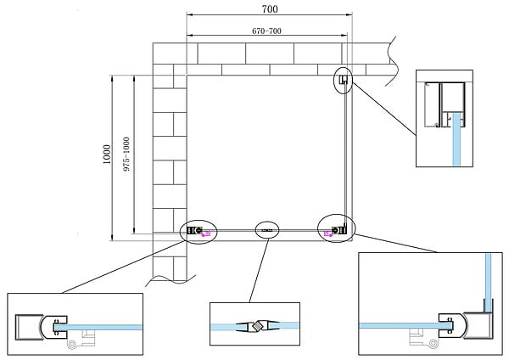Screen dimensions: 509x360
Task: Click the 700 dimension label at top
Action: click(x=270, y=9)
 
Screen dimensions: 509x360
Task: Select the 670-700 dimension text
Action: click(x=266, y=31)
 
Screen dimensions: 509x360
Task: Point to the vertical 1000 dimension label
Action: click(x=107, y=155)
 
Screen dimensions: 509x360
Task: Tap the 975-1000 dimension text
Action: click(x=126, y=154)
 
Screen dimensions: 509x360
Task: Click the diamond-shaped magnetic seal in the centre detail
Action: click(x=258, y=325)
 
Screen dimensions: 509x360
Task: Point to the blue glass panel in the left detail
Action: click(x=98, y=327)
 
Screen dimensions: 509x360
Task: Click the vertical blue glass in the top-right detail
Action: click(x=456, y=139)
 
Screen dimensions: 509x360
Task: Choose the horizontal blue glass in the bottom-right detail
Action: click(x=406, y=325)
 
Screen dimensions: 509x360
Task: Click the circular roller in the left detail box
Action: click(x=72, y=345)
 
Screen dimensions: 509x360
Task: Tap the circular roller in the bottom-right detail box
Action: click(x=433, y=343)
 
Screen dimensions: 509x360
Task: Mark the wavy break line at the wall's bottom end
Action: click(x=171, y=279)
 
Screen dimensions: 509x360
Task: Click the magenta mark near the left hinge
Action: click(x=206, y=233)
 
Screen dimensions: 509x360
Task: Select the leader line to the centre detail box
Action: click(x=259, y=270)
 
